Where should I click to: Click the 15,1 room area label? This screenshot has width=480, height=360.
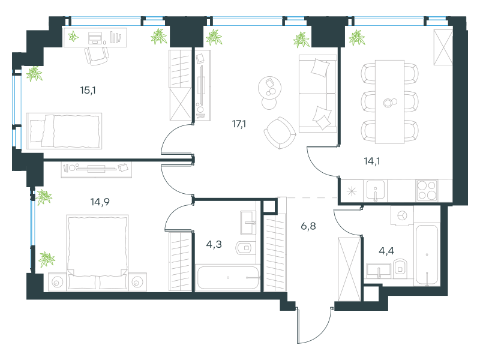point(88,91)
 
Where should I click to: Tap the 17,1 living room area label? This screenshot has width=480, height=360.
point(239,124)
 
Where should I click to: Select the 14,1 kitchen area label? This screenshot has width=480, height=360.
point(372,161)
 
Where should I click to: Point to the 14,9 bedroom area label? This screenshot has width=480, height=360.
point(100,202)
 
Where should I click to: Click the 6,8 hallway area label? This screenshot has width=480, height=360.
point(308,226)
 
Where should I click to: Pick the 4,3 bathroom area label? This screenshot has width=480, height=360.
point(214,244)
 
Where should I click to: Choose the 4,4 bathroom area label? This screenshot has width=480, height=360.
point(386,251)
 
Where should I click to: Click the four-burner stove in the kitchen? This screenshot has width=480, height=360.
point(427,190)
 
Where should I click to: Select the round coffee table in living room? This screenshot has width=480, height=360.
point(269,87)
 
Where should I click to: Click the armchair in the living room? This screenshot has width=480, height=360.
point(280,133)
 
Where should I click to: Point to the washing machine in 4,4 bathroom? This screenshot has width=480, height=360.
point(402,215)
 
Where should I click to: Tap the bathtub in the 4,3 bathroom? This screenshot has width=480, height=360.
point(228,278)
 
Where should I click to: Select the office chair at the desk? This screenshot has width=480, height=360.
point(97,56)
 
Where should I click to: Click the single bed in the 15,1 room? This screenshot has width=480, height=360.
point(64,131)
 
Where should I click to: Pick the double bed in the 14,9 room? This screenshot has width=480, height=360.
point(97,252)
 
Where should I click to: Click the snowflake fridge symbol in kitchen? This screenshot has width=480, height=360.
point(352,191)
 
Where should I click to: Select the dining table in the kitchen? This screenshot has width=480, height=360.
point(389,101)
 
